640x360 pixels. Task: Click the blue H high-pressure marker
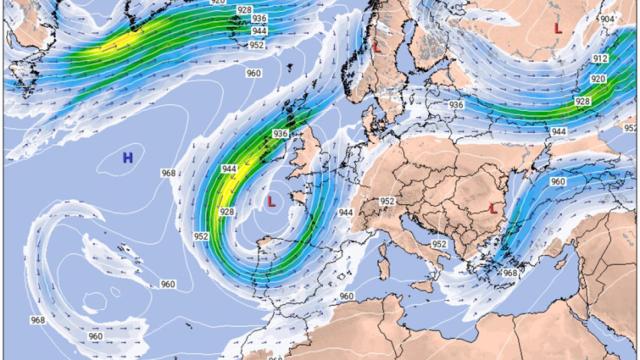128,157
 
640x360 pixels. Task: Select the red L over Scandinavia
376,45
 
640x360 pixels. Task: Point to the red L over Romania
493,208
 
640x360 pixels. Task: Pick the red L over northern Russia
557,28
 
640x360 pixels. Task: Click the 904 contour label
607,19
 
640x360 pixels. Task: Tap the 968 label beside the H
168,173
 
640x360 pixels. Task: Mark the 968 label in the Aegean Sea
510,273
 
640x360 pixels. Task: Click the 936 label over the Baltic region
456,105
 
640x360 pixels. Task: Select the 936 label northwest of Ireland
280,134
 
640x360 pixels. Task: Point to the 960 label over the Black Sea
557,182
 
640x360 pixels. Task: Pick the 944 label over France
346,212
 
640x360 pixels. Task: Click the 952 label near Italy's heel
439,244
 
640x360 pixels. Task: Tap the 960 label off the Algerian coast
346,296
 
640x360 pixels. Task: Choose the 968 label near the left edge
37,320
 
